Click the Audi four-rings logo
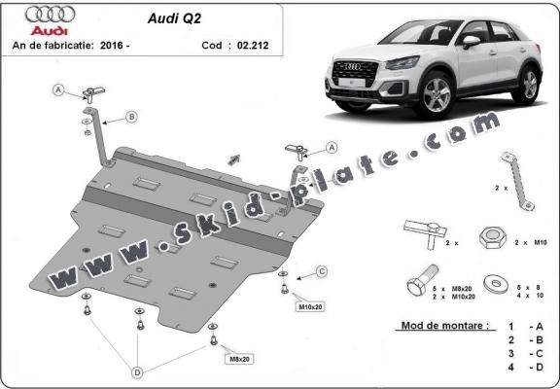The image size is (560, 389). pyautogui.click(x=50, y=16)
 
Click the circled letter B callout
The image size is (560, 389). pyautogui.click(x=131, y=118)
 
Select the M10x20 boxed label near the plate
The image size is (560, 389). pyautogui.click(x=311, y=307)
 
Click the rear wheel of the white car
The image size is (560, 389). pyautogui.click(x=529, y=85)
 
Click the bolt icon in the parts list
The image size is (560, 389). pyautogui.click(x=417, y=283)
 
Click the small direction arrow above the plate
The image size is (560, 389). pyautogui.click(x=232, y=157)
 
